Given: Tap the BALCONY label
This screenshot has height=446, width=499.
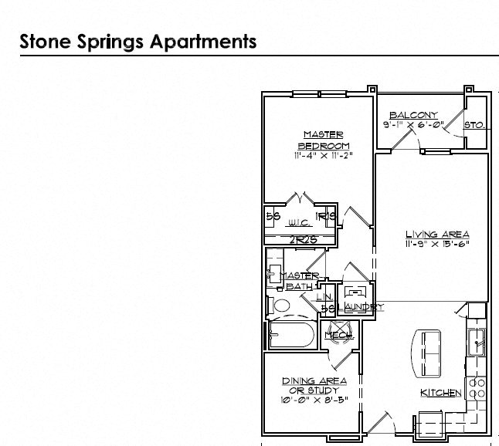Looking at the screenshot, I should pos(413,115).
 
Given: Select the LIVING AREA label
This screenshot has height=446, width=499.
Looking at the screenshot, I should pos(437,234).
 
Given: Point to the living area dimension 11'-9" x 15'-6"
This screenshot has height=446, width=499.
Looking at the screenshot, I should pos(437,244).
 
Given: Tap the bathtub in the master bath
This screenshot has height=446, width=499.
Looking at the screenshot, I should pos(290,336).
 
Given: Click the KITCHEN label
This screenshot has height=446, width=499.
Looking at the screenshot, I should pos(440,393).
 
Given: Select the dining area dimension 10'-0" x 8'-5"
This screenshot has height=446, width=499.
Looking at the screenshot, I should pos(313,400).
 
